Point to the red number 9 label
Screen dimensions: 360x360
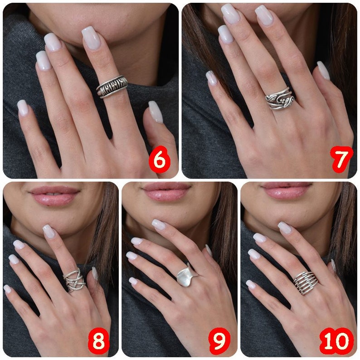click(219, 341)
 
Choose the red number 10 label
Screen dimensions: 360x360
click(336, 341)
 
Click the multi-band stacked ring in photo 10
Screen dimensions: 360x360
click(305, 282)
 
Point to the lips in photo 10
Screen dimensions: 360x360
click(286, 190)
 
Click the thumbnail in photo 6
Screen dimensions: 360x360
click(155, 112)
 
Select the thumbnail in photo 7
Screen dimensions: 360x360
click(323, 70)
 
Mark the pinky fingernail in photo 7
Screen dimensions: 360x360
click(212, 78)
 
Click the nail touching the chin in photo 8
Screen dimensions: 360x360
click(49, 231)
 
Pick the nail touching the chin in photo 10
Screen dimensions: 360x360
click(284, 228)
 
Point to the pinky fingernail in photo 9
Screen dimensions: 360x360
click(133, 281)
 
